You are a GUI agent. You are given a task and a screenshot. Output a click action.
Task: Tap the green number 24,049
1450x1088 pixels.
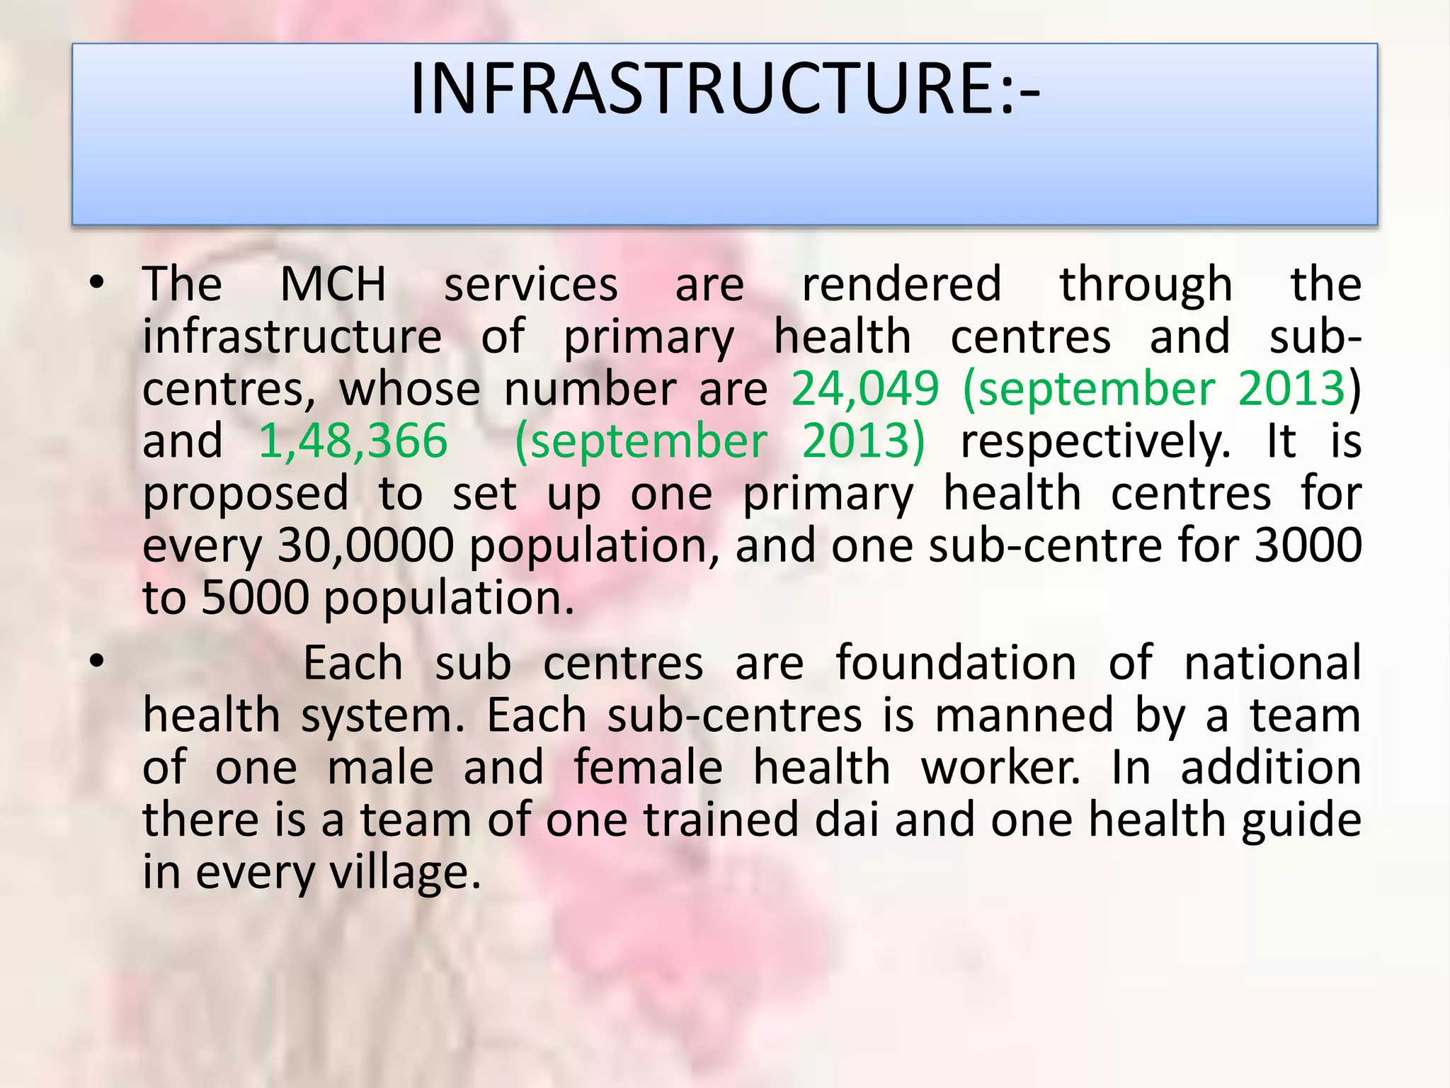[x=864, y=389]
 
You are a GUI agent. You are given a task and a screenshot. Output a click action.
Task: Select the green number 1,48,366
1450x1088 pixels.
[x=353, y=441]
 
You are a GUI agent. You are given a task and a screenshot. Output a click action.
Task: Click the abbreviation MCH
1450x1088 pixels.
[x=333, y=284]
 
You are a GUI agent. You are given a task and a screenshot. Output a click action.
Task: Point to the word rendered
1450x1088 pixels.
[x=901, y=284]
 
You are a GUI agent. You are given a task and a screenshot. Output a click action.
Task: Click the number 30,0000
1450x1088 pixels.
[x=365, y=545]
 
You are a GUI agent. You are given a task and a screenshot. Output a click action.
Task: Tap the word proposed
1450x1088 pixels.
[x=246, y=494]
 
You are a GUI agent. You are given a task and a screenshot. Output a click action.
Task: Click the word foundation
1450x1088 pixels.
[x=956, y=663]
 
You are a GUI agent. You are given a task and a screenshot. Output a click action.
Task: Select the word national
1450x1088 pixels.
[x=1272, y=663]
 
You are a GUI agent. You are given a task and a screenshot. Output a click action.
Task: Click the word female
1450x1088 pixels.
[x=648, y=768]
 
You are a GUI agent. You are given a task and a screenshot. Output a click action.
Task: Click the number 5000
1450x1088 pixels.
[x=256, y=598]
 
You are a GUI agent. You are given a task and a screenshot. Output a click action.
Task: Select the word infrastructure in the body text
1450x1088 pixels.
[x=292, y=336]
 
